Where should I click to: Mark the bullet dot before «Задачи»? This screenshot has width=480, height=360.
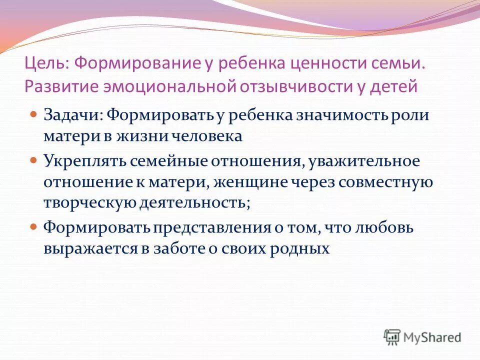[x=34, y=114]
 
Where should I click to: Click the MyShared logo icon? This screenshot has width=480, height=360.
[x=392, y=337]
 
